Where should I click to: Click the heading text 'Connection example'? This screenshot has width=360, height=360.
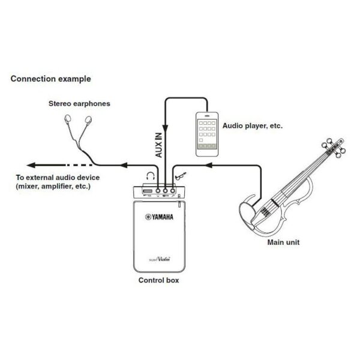coord(51,79)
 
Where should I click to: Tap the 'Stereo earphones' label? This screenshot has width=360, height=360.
coord(79,104)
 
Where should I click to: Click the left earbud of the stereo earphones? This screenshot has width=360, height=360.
coord(68,118)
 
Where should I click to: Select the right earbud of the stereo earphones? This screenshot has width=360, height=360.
coord(88,120)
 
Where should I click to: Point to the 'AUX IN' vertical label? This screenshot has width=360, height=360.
coord(158,145)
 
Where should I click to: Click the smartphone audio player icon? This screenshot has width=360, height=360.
coord(207,134)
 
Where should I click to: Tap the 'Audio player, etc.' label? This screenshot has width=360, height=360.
coord(253,126)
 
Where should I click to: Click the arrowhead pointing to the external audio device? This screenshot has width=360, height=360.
coord(31,165)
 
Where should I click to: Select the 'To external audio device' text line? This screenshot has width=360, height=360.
coord(58,178)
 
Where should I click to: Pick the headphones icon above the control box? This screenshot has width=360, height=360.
coord(151,176)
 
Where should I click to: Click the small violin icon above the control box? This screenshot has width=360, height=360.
coord(181,176)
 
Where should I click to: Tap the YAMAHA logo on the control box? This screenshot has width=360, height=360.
coord(160,217)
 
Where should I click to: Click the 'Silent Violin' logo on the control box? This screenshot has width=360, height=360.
coord(160,259)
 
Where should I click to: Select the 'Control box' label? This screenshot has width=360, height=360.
coord(158,280)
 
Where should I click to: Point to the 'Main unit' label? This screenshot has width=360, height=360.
coord(283,242)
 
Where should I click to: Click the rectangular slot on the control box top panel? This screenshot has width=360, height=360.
coord(148,191)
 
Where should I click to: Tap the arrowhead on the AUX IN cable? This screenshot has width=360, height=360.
coord(166,128)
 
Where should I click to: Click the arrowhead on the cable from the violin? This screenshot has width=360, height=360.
coord(208,165)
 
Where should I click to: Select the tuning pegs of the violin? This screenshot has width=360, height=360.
coord(334,147)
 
